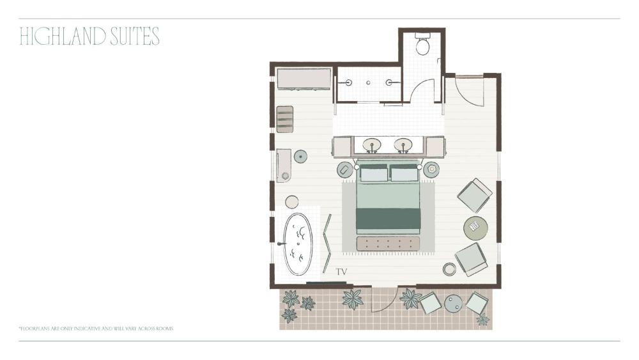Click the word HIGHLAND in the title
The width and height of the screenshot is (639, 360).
tap(63, 36)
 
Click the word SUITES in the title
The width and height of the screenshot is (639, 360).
tap(135, 36)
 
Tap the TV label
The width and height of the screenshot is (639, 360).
tap(341, 272)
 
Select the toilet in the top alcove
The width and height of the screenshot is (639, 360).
tap(422, 45)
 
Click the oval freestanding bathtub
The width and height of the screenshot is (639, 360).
tap(298, 244)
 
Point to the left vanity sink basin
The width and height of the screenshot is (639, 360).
tap(372, 145)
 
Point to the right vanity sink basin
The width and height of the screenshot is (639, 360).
tap(403, 145)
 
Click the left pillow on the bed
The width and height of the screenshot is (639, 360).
tap(374, 173)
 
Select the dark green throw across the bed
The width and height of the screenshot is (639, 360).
tap(388, 219)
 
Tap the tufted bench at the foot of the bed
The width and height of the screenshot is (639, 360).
tap(388, 244)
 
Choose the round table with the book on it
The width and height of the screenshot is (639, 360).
tap(475, 228)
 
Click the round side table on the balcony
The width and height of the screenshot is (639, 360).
tap(453, 304)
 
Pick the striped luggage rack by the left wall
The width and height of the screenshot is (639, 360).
tap(285, 119)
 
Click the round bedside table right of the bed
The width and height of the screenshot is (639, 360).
tap(431, 169)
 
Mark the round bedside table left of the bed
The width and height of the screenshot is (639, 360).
tap(344, 169)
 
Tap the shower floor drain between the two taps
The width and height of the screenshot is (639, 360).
tap(369, 82)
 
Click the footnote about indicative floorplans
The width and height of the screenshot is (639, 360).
tap(96, 328)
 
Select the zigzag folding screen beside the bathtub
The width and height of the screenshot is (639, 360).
tap(327, 244)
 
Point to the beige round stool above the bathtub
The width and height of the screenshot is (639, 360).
tap(292, 202)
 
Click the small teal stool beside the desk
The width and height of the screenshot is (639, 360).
tap(300, 156)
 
